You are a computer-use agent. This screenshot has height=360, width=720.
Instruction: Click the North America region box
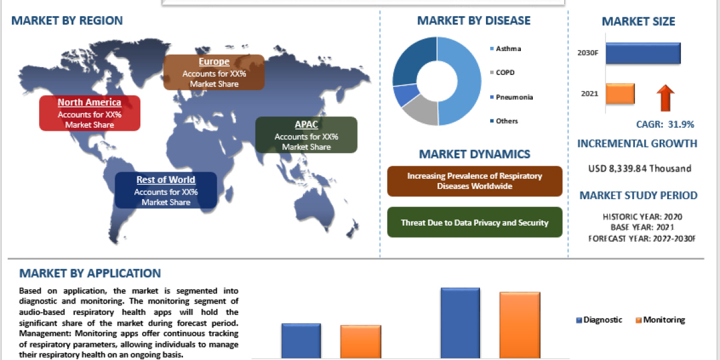pyautogui.click(x=89, y=113)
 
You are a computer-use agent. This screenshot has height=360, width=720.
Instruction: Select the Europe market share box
pyautogui.click(x=214, y=72)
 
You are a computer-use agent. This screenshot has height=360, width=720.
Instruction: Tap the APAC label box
pyautogui.click(x=306, y=134)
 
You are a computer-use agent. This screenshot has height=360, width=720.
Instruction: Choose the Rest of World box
pyautogui.click(x=166, y=190)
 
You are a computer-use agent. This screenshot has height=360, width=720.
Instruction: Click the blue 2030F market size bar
pyautogui.click(x=643, y=53)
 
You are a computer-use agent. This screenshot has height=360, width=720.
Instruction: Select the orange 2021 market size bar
pyautogui.click(x=620, y=94)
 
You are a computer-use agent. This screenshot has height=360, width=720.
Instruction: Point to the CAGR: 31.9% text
pyautogui.click(x=665, y=124)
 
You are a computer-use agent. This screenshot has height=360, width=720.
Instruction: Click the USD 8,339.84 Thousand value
pyautogui.click(x=640, y=169)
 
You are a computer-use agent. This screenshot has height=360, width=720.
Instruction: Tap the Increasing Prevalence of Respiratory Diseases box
pyautogui.click(x=475, y=181)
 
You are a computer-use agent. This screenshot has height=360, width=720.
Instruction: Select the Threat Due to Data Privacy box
pyautogui.click(x=475, y=223)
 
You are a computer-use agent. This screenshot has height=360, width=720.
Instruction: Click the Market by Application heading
pyautogui.click(x=90, y=274)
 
